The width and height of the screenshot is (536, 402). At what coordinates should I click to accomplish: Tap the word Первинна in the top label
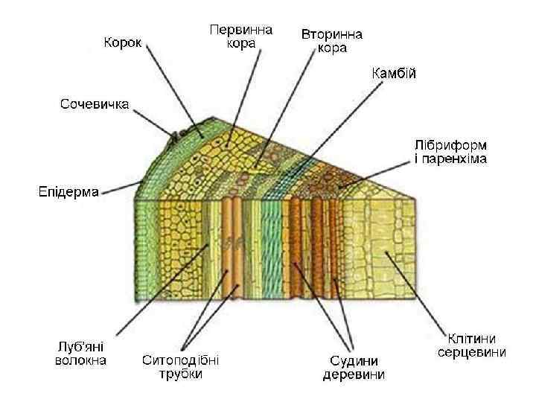click(x=241, y=30)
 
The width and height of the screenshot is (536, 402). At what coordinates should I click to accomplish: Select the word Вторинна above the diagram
click(x=331, y=35)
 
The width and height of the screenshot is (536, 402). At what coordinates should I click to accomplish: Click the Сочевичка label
click(x=95, y=103)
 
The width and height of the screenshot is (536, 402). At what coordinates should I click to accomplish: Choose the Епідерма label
click(x=68, y=192)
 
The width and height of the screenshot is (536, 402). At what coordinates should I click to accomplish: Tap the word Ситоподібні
click(x=181, y=360)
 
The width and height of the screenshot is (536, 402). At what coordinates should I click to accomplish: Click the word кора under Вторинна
click(x=331, y=48)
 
